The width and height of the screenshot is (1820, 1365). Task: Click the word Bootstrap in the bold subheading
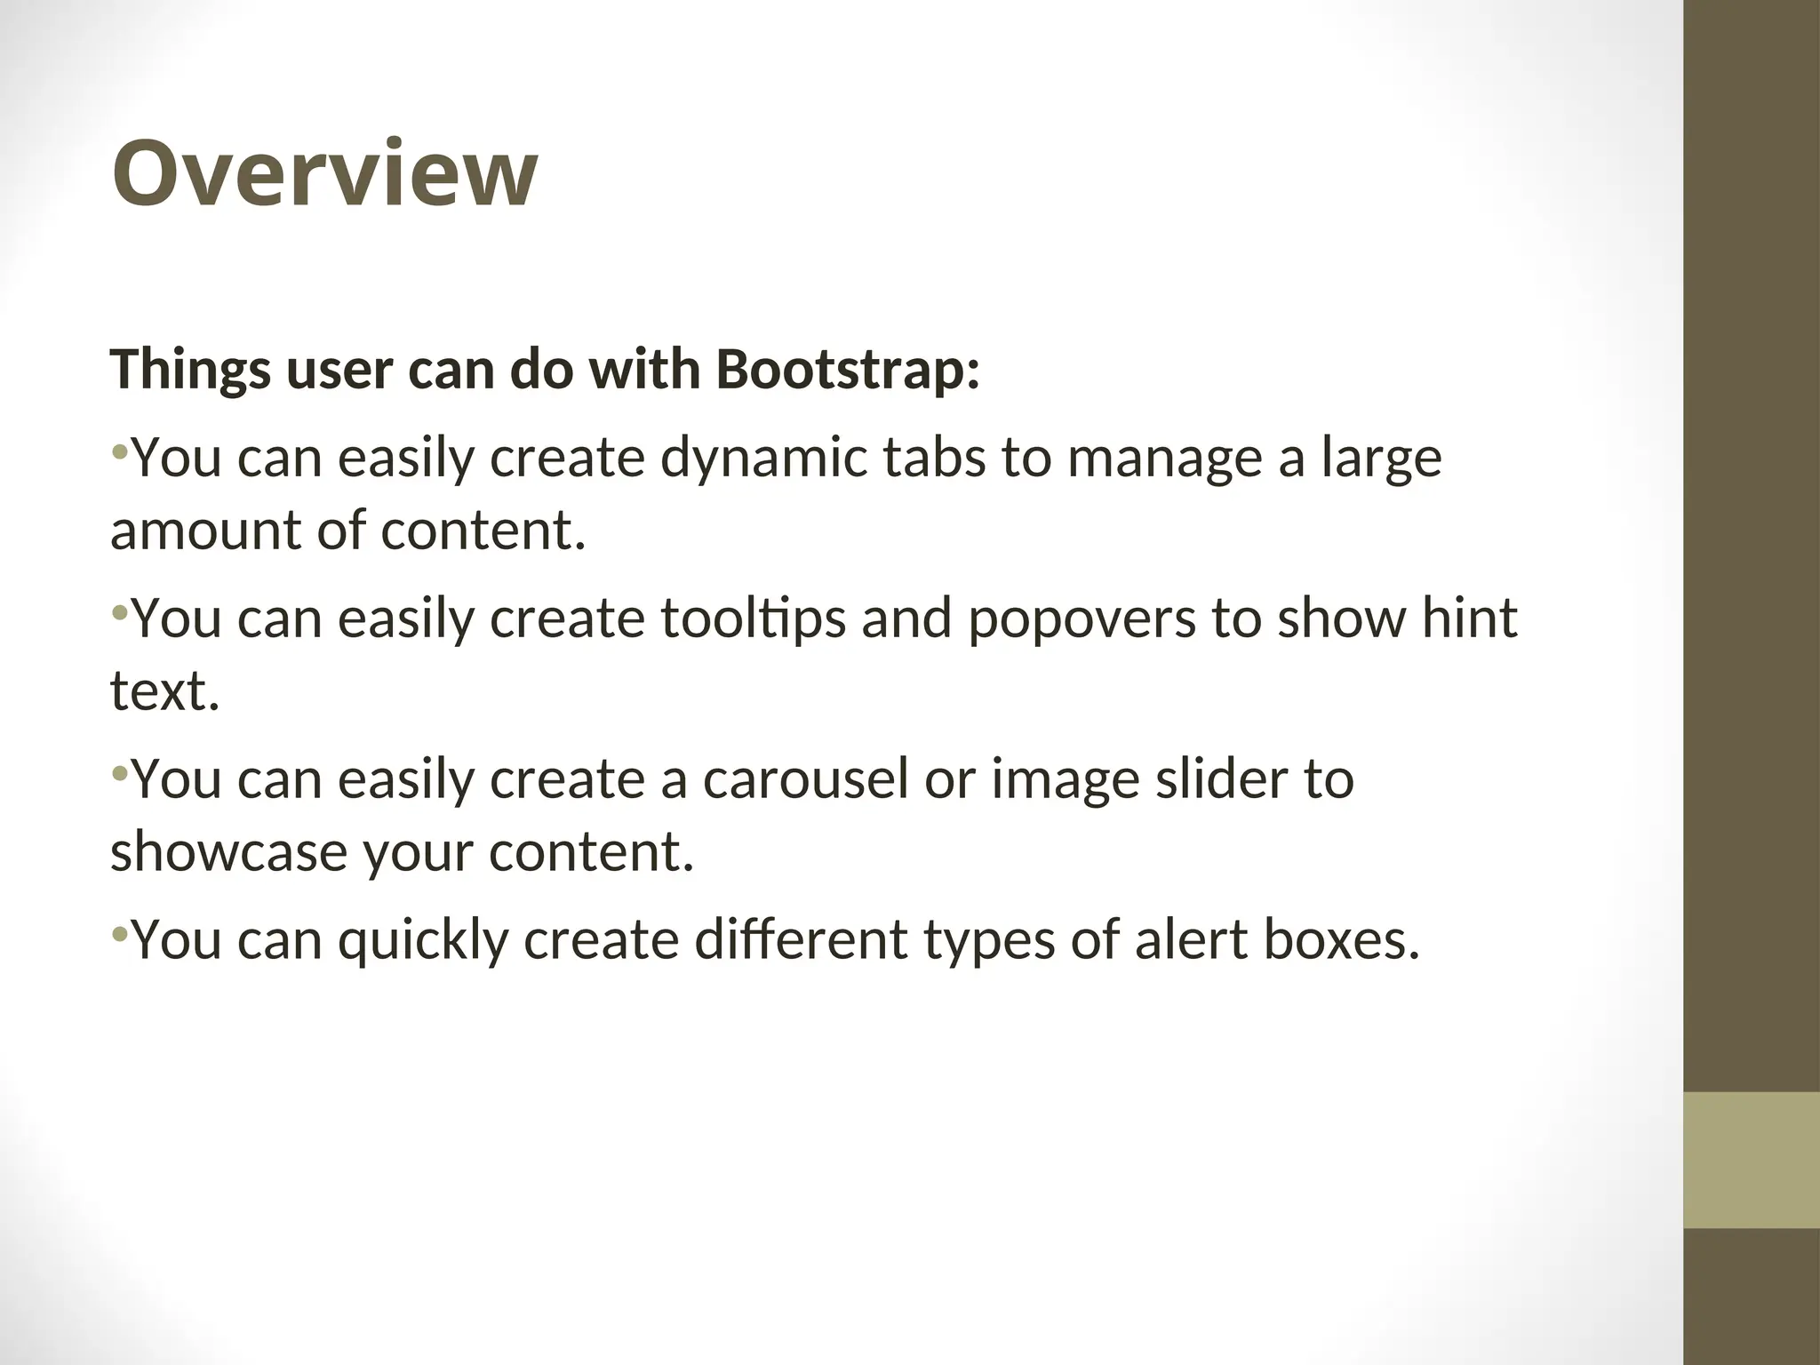coord(847,369)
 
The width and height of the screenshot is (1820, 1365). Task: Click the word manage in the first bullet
coord(1165,459)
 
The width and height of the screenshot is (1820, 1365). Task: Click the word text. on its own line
coord(164,690)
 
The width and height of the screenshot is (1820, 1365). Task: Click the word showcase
coord(228,851)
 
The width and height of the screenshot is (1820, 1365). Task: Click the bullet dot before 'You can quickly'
coord(120,934)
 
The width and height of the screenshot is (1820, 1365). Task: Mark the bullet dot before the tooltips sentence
coord(120,612)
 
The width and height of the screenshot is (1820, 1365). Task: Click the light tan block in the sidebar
coord(1751,1161)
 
